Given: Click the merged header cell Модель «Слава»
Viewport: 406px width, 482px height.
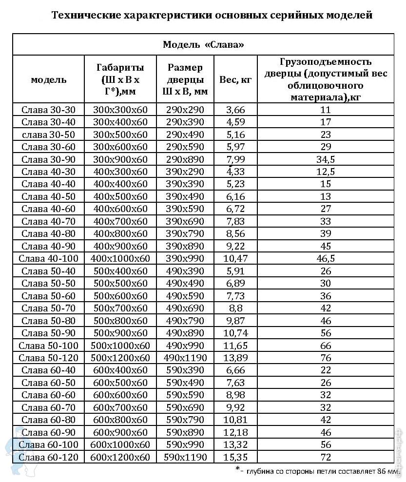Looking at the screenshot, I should point(203,45).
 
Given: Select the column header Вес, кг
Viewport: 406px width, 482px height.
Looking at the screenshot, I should point(235,79).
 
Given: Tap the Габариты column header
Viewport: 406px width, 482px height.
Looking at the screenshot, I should point(120,79).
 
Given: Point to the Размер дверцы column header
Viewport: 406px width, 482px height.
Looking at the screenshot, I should point(185,79).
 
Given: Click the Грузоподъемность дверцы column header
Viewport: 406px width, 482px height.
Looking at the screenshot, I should point(326,79).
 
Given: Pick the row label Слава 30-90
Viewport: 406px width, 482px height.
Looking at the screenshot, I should point(48,159).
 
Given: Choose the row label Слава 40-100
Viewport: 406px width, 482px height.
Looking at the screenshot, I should point(48,258).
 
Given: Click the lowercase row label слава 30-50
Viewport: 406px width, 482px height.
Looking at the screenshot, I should point(48,135).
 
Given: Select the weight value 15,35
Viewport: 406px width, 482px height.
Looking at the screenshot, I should point(235,457).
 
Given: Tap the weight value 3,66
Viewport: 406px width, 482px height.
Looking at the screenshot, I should point(235,110).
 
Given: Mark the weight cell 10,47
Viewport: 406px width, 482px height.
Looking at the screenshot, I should point(235,258).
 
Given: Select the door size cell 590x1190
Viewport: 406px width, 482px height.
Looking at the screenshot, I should point(185,457).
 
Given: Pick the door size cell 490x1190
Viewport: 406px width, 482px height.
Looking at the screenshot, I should point(185,358).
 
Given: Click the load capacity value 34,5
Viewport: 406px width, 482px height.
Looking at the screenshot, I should point(326,159).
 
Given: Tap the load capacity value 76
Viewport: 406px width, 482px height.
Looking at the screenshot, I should point(326,358).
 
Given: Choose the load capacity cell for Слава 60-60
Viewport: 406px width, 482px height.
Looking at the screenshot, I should point(326,395).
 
